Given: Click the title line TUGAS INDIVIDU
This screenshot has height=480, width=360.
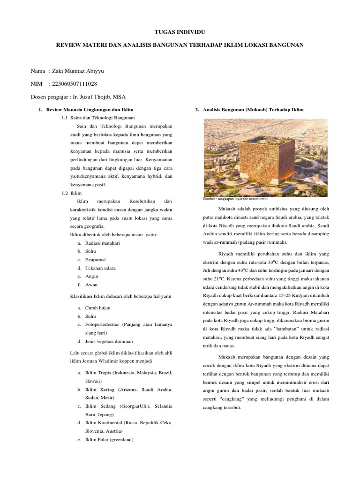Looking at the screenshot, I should [180, 32].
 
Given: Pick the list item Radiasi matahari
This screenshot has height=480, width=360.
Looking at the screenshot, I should [102, 243].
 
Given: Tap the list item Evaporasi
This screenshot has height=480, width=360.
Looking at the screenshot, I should [96, 260].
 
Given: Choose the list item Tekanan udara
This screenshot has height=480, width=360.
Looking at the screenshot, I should [100, 268].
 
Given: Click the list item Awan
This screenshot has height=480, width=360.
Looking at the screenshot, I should [91, 285].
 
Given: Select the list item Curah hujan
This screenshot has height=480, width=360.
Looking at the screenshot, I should [98, 308].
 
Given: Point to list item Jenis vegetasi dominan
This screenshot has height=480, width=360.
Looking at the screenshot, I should [109, 341].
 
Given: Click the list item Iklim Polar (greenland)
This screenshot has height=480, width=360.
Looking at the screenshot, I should [109, 440].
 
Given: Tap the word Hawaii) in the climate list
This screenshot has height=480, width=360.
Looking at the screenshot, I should [94, 382].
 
